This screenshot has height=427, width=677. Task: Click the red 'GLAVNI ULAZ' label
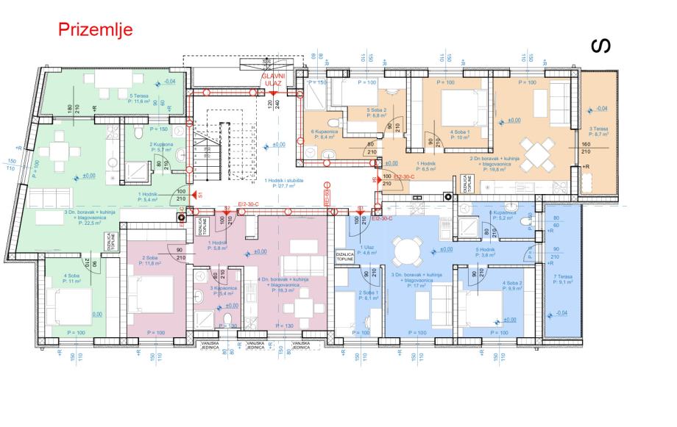coord(273,80)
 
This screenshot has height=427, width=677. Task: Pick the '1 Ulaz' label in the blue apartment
coord(366,249)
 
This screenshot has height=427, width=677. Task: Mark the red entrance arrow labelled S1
coord(196,195)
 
